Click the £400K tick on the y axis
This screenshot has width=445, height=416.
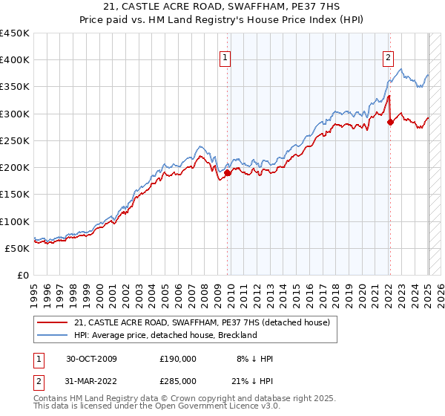[15, 60]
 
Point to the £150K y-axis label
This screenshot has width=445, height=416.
[15, 194]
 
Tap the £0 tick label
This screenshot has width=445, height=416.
[23, 275]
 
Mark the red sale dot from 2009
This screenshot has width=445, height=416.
[228, 173]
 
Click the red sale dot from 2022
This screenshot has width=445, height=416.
[390, 123]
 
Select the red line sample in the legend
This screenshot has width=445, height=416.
[53, 322]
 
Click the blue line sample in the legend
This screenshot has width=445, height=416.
[53, 335]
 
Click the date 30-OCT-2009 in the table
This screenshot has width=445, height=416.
[91, 359]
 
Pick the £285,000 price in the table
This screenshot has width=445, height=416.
[177, 381]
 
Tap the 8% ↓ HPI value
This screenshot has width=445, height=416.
[254, 359]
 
